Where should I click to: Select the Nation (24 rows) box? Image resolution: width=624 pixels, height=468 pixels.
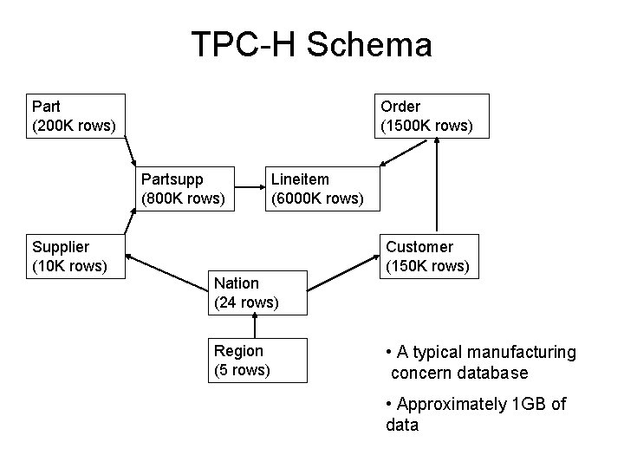pyautogui.click(x=257, y=292)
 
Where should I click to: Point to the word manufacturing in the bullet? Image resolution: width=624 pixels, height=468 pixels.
pyautogui.click(x=521, y=352)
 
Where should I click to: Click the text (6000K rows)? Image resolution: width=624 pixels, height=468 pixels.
pyautogui.click(x=317, y=198)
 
